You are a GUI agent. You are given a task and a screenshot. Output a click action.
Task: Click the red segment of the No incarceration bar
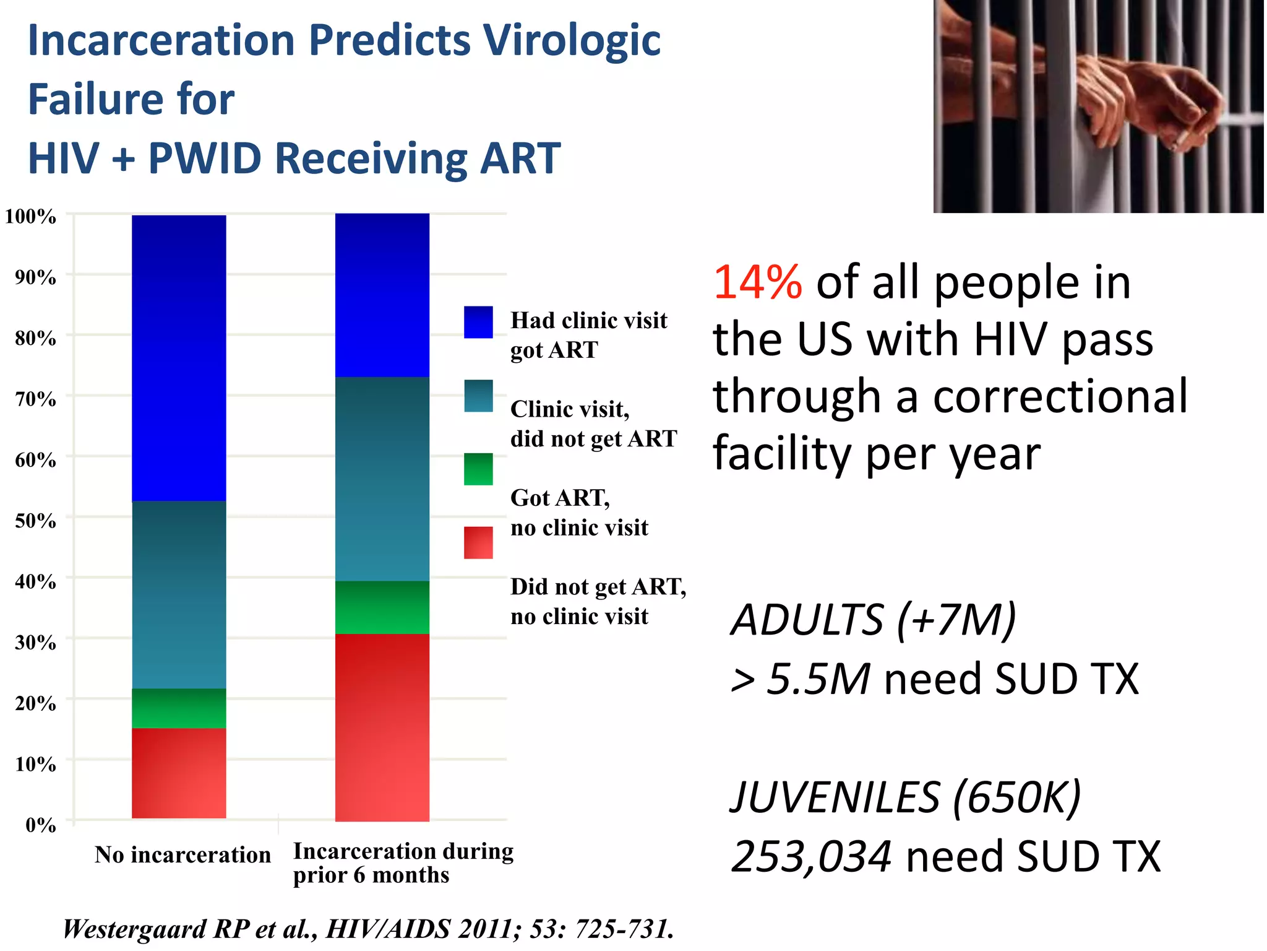(x=179, y=773)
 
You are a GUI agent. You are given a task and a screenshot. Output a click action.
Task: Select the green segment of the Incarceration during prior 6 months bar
(x=382, y=607)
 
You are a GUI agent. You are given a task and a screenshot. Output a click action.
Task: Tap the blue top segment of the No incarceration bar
(x=179, y=358)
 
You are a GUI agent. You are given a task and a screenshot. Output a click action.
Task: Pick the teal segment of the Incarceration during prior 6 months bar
(x=382, y=479)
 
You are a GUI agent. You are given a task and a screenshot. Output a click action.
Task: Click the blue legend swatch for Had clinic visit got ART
(x=478, y=322)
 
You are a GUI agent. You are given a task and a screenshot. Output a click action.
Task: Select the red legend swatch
(x=478, y=542)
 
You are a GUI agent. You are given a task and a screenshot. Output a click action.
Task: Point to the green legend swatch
(x=478, y=469)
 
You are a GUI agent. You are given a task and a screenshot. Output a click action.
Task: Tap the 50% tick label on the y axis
(x=35, y=521)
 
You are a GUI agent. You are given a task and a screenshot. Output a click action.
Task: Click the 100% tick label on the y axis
(x=30, y=217)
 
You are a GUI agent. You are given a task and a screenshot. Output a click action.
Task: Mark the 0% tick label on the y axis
(x=40, y=825)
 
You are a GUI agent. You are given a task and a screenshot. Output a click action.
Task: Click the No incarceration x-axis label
(x=183, y=855)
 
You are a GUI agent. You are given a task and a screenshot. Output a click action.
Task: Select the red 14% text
(x=758, y=282)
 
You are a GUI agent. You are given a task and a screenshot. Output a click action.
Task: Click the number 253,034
(x=811, y=857)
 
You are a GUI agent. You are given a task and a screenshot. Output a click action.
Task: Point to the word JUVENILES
(x=835, y=797)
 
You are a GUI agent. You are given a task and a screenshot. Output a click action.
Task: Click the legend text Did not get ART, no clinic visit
(x=598, y=601)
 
